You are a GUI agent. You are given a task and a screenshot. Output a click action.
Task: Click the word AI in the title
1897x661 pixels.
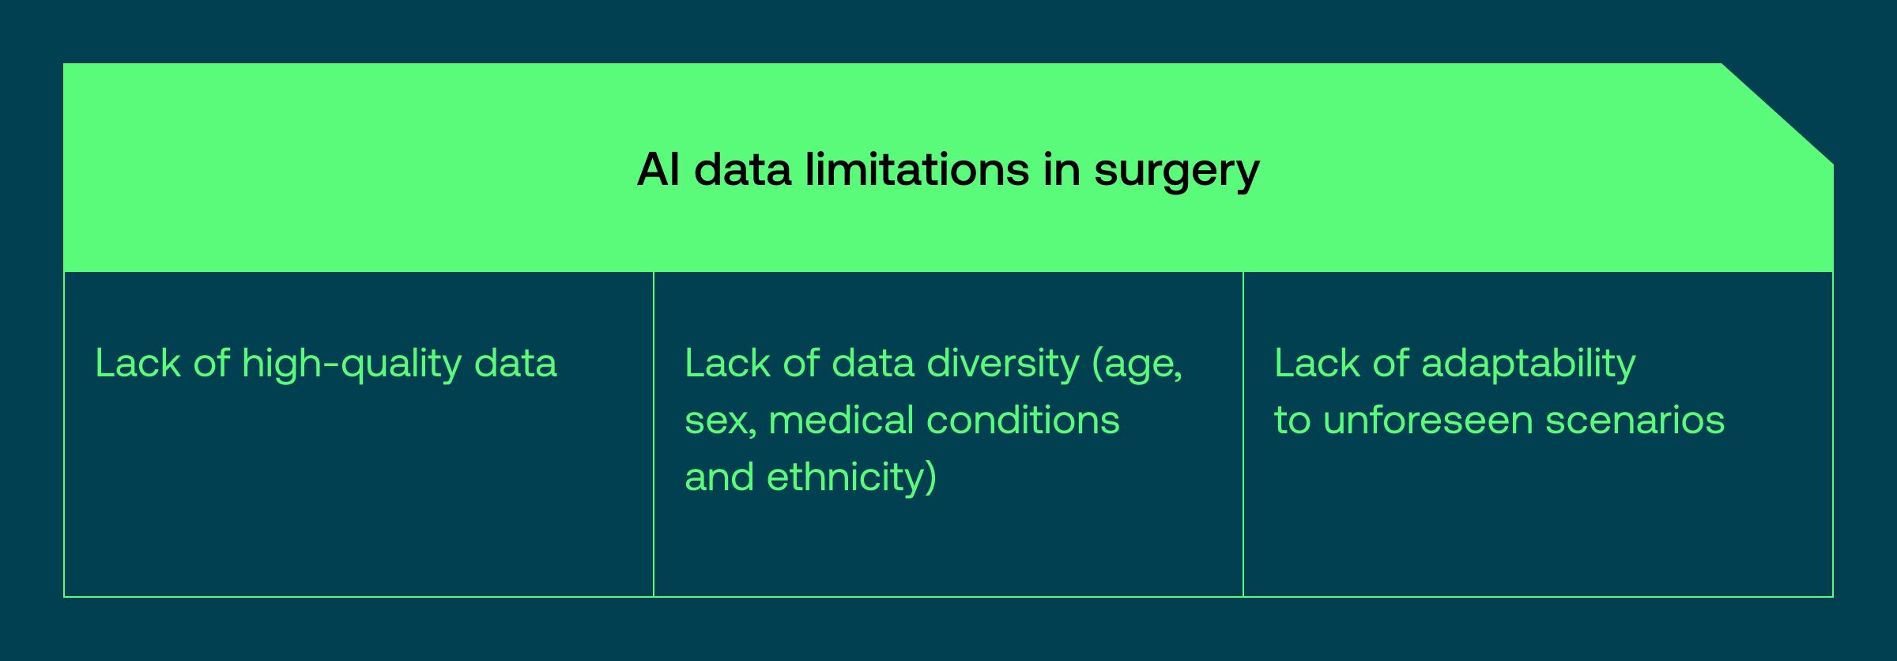[658, 169]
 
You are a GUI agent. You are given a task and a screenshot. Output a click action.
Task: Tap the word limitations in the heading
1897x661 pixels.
[917, 169]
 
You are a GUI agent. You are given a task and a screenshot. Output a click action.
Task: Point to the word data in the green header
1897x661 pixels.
[742, 169]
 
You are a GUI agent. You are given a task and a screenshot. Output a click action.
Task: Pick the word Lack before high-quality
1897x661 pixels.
[138, 364]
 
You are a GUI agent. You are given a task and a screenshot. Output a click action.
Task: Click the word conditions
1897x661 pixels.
[1023, 420]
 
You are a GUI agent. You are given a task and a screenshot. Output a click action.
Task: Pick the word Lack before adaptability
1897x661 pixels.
[1317, 364]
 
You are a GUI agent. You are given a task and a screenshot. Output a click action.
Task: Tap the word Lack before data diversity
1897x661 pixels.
[727, 364]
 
